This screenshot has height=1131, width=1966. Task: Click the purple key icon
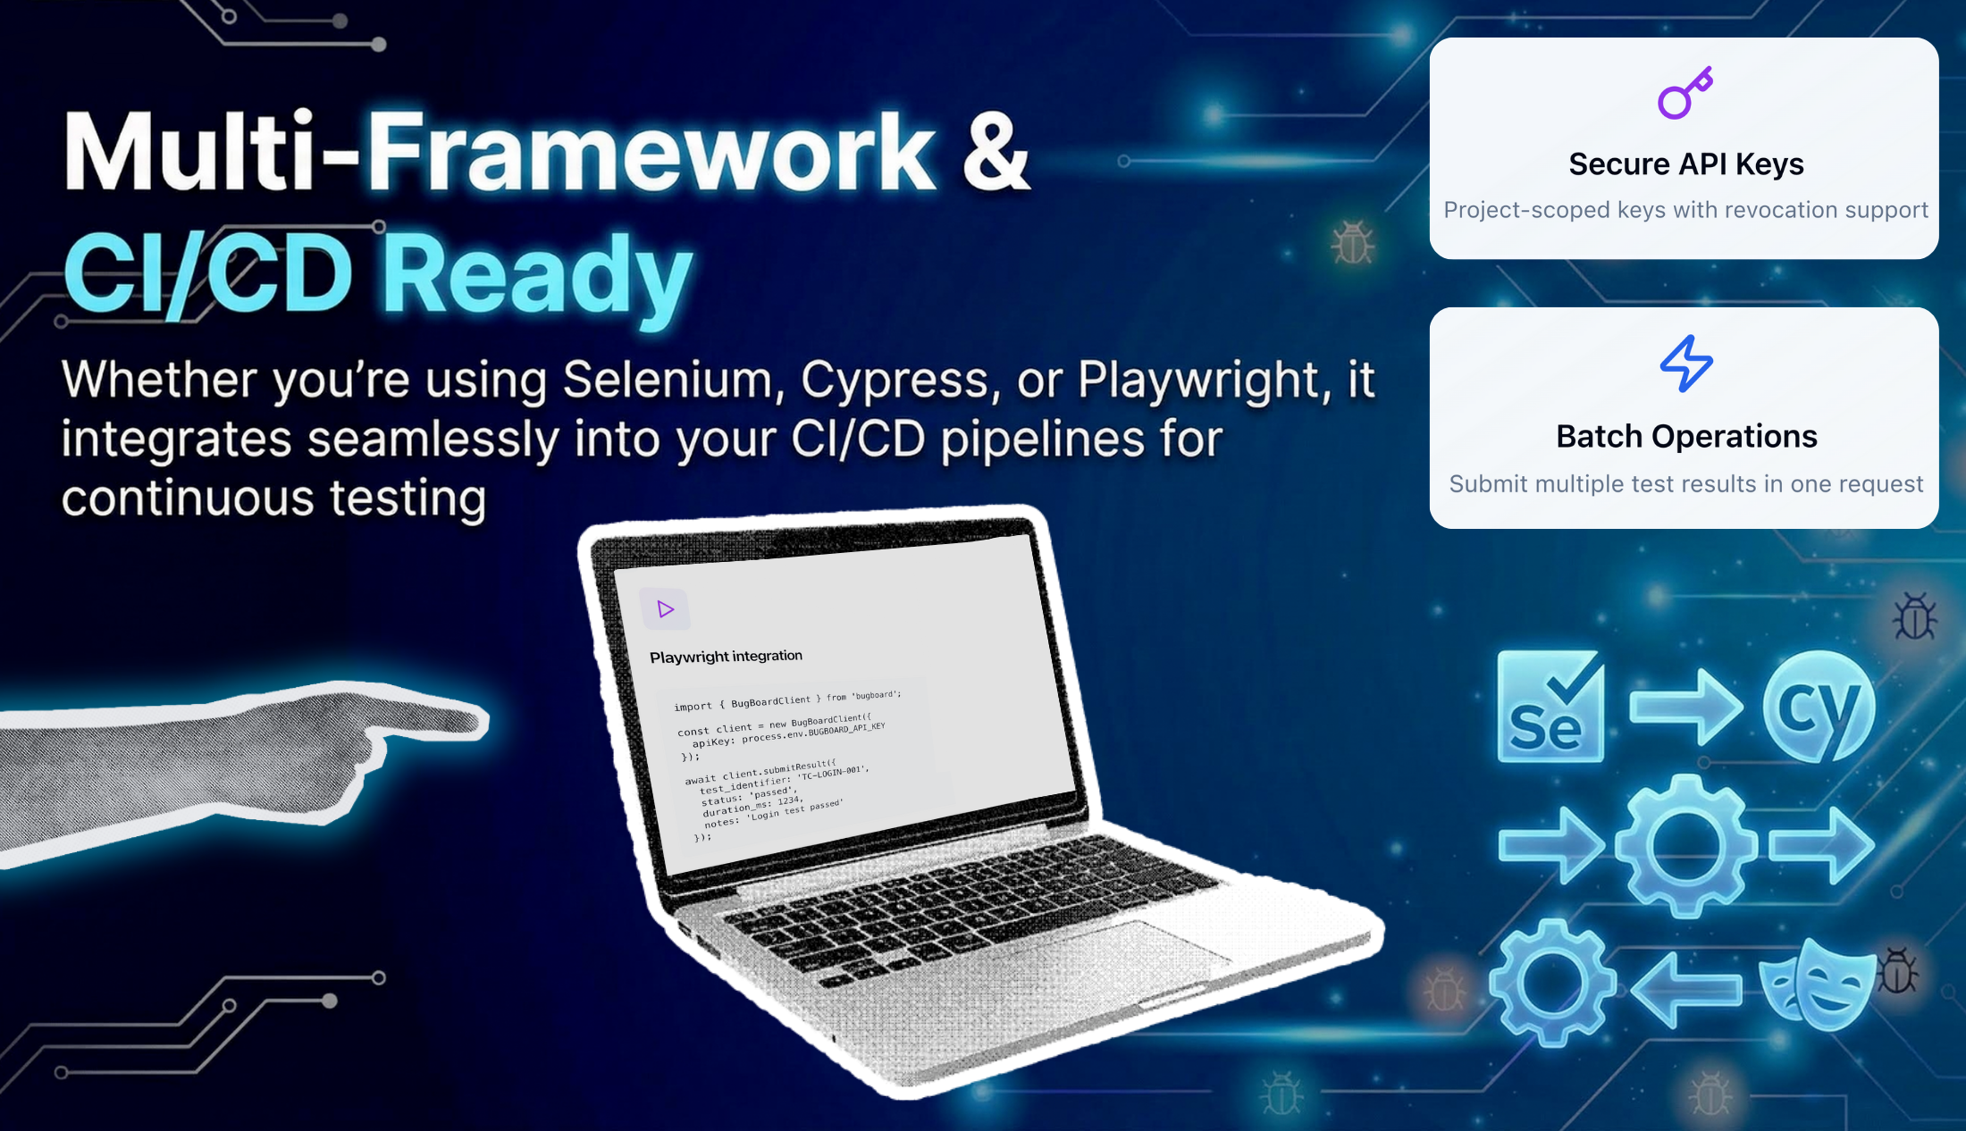(1685, 93)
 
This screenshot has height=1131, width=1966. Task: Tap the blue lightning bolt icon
(1686, 364)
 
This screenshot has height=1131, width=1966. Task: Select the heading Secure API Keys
(1685, 164)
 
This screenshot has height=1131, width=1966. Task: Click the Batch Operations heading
(1685, 437)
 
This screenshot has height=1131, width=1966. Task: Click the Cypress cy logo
(1819, 706)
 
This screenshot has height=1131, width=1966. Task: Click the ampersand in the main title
(996, 152)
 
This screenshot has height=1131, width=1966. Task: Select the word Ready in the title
(541, 273)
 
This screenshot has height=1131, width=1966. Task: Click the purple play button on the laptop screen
(665, 609)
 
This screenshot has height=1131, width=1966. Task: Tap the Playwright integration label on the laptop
(726, 657)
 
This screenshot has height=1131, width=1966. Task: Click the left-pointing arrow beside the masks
(1685, 988)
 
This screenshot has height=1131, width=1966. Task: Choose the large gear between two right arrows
(1685, 845)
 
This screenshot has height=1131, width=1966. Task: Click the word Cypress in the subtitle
(895, 380)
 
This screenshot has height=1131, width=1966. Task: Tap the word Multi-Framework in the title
(500, 152)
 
